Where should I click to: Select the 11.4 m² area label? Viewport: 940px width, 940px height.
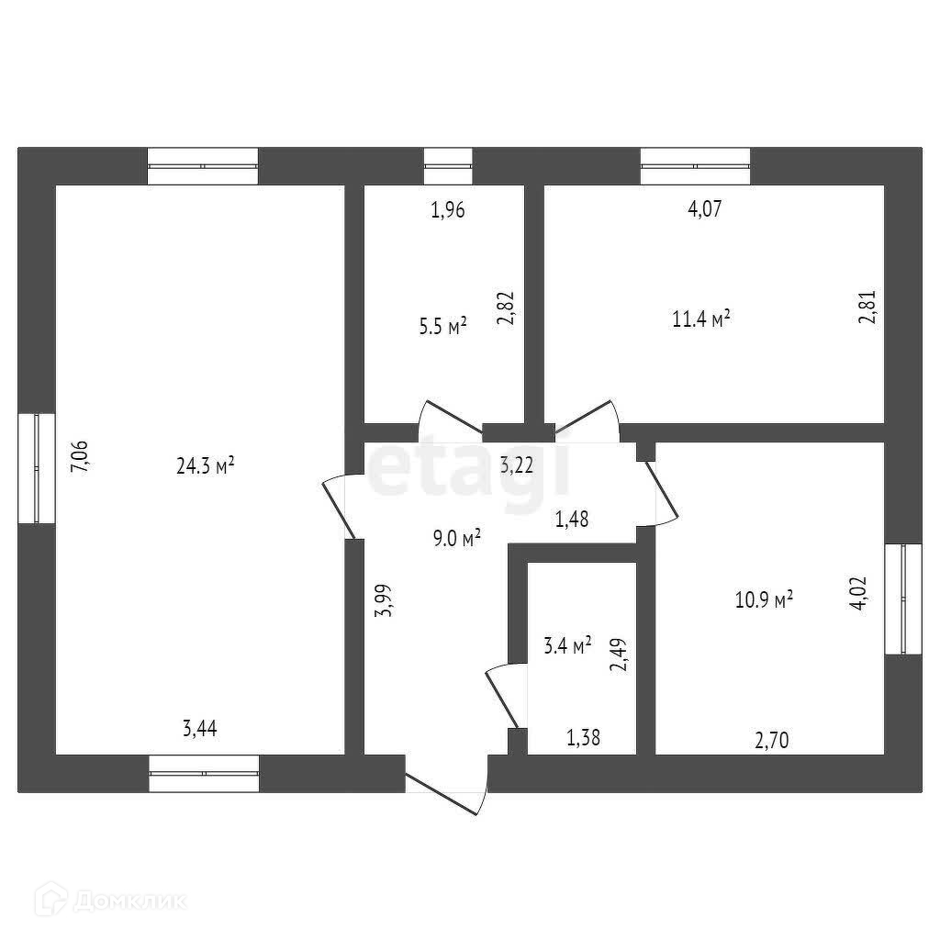point(701,319)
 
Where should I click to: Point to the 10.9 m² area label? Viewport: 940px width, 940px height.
point(764,600)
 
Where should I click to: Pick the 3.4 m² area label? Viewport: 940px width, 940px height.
point(567,645)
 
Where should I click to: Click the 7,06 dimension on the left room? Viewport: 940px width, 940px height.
point(80,456)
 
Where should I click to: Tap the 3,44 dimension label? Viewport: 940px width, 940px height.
point(200,730)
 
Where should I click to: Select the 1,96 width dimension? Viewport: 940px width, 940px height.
point(448,210)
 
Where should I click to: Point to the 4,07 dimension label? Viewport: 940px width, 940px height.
point(705,209)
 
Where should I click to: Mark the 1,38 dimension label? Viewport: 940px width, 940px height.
point(583,736)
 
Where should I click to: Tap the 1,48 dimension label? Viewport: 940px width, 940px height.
point(571,519)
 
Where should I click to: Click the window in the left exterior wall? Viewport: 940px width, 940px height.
point(37,468)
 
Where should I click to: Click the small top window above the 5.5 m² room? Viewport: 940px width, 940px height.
point(448,166)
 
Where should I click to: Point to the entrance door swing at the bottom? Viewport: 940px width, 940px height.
point(448,791)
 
